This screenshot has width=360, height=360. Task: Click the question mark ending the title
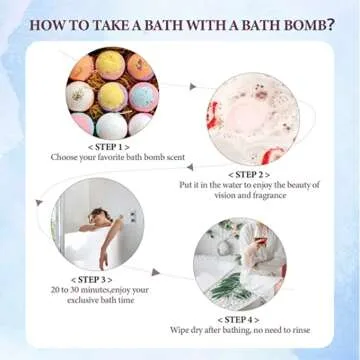(329, 21)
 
